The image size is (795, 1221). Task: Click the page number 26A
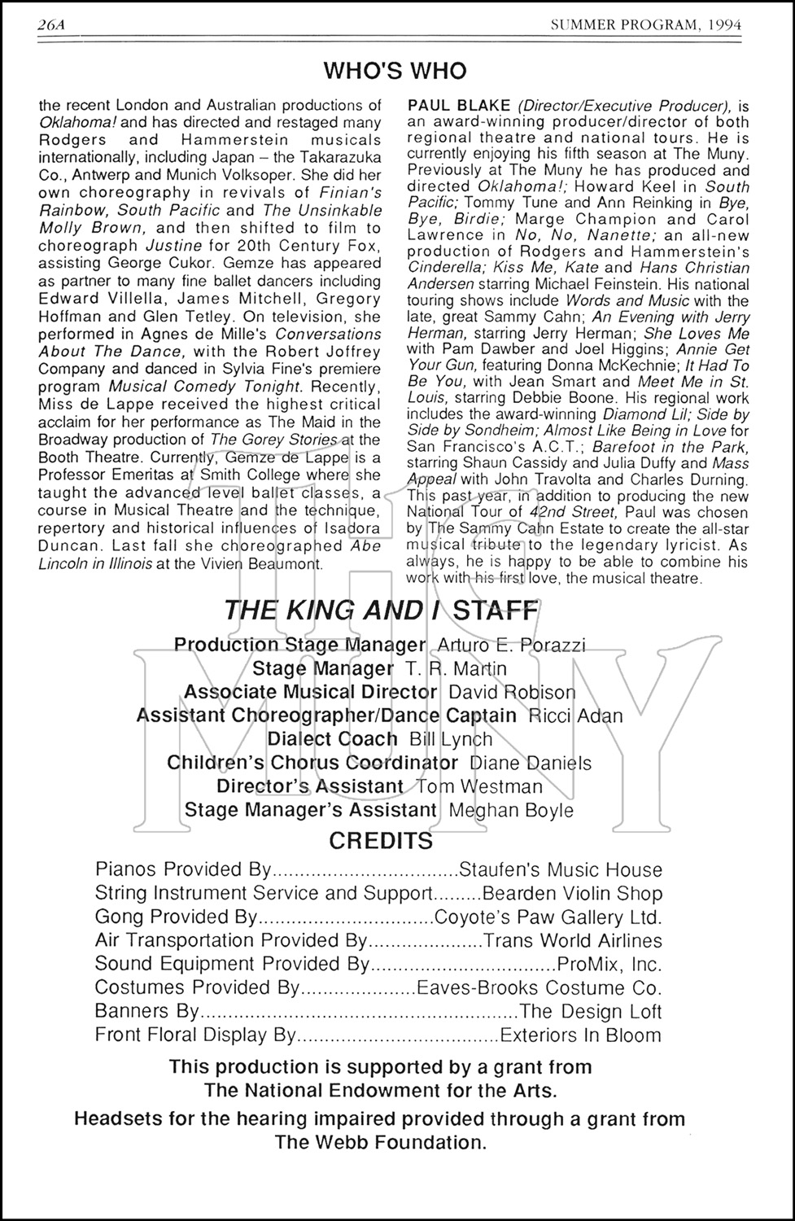pyautogui.click(x=50, y=26)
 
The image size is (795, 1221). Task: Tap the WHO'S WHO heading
pyautogui.click(x=395, y=71)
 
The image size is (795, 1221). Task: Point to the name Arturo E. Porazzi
pyautogui.click(x=511, y=645)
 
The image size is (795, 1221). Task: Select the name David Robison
pyautogui.click(x=512, y=692)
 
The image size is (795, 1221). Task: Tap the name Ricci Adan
pyautogui.click(x=575, y=716)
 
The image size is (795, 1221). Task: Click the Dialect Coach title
pyautogui.click(x=332, y=739)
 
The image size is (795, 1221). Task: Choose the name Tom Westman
pyautogui.click(x=478, y=786)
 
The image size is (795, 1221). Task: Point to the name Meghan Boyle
pyautogui.click(x=511, y=810)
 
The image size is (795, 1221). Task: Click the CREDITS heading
pyautogui.click(x=380, y=840)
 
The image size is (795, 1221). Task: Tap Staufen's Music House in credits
pyautogui.click(x=561, y=870)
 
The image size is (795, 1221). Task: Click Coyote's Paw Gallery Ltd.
pyautogui.click(x=548, y=917)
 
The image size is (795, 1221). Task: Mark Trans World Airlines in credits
pyautogui.click(x=573, y=941)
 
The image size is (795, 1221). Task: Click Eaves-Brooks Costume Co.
pyautogui.click(x=539, y=988)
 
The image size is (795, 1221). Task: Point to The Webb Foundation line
pyautogui.click(x=380, y=1142)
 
